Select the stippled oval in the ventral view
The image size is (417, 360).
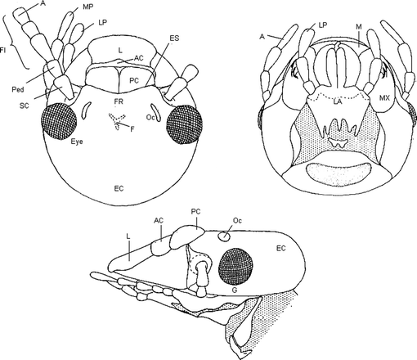coord(334,173)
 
